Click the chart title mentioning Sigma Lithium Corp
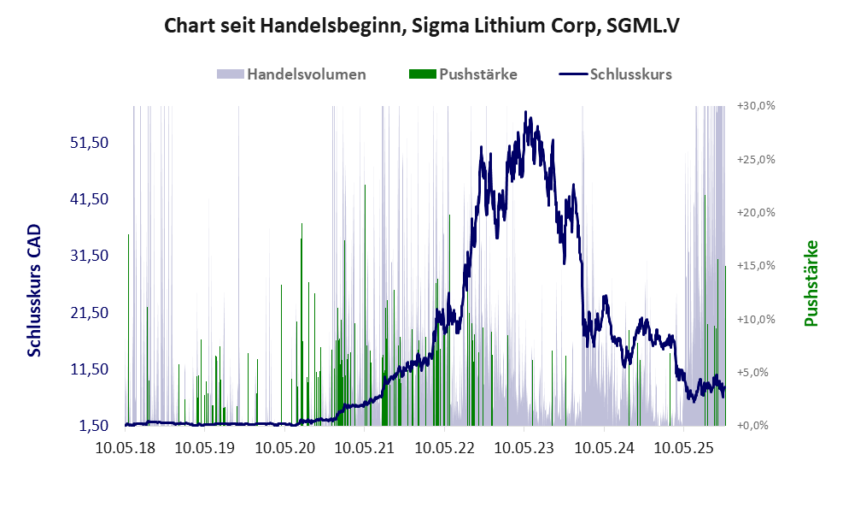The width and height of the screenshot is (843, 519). pyautogui.click(x=421, y=26)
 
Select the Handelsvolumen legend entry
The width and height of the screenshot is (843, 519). pyautogui.click(x=306, y=74)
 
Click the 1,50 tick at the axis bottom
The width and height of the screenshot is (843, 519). pyautogui.click(x=93, y=425)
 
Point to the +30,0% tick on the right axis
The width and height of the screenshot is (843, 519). pyautogui.click(x=755, y=106)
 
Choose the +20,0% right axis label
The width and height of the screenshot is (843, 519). pyautogui.click(x=755, y=212)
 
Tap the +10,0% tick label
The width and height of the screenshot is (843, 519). pyautogui.click(x=755, y=319)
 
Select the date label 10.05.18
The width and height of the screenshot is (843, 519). pyautogui.click(x=126, y=447)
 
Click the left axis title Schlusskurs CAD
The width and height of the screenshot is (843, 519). pyautogui.click(x=34, y=292)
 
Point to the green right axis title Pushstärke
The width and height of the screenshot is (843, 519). pyautogui.click(x=811, y=283)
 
